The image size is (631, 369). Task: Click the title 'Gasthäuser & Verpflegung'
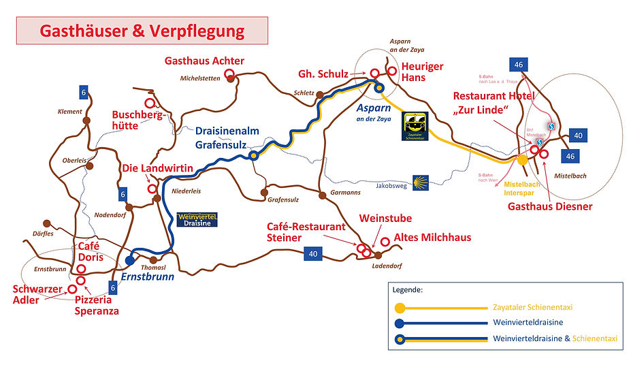(x=142, y=31)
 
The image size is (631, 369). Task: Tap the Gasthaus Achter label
(x=204, y=61)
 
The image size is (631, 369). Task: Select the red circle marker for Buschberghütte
(x=150, y=103)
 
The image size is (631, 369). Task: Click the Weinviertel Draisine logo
(x=197, y=219)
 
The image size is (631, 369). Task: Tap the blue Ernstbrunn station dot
(x=130, y=260)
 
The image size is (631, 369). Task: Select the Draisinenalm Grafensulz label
(x=225, y=137)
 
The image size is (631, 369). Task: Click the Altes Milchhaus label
(x=432, y=238)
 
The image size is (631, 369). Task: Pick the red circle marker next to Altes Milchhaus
(x=385, y=241)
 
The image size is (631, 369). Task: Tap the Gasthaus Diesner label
(x=551, y=206)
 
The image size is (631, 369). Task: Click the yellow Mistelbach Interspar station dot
(x=522, y=160)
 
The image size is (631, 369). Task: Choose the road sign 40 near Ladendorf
(x=313, y=254)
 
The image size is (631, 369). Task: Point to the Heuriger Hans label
(x=422, y=71)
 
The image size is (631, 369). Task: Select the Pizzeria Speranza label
(x=97, y=305)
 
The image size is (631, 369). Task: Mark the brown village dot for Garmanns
(x=322, y=195)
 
